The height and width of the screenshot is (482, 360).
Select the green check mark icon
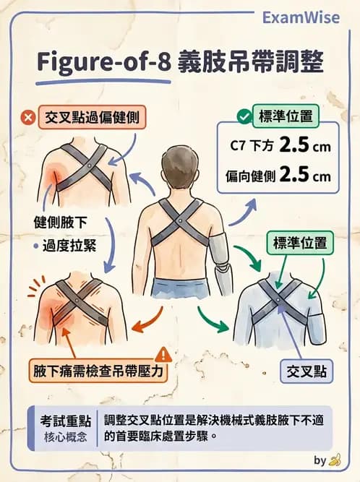click(244, 116)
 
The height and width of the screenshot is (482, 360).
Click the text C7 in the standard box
click(238, 147)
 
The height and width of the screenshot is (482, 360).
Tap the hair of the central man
click(180, 163)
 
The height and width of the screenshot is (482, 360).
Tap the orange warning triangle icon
click(163, 354)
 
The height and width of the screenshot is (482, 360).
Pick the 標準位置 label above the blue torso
click(299, 243)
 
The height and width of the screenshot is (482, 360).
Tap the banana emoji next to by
click(334, 460)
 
